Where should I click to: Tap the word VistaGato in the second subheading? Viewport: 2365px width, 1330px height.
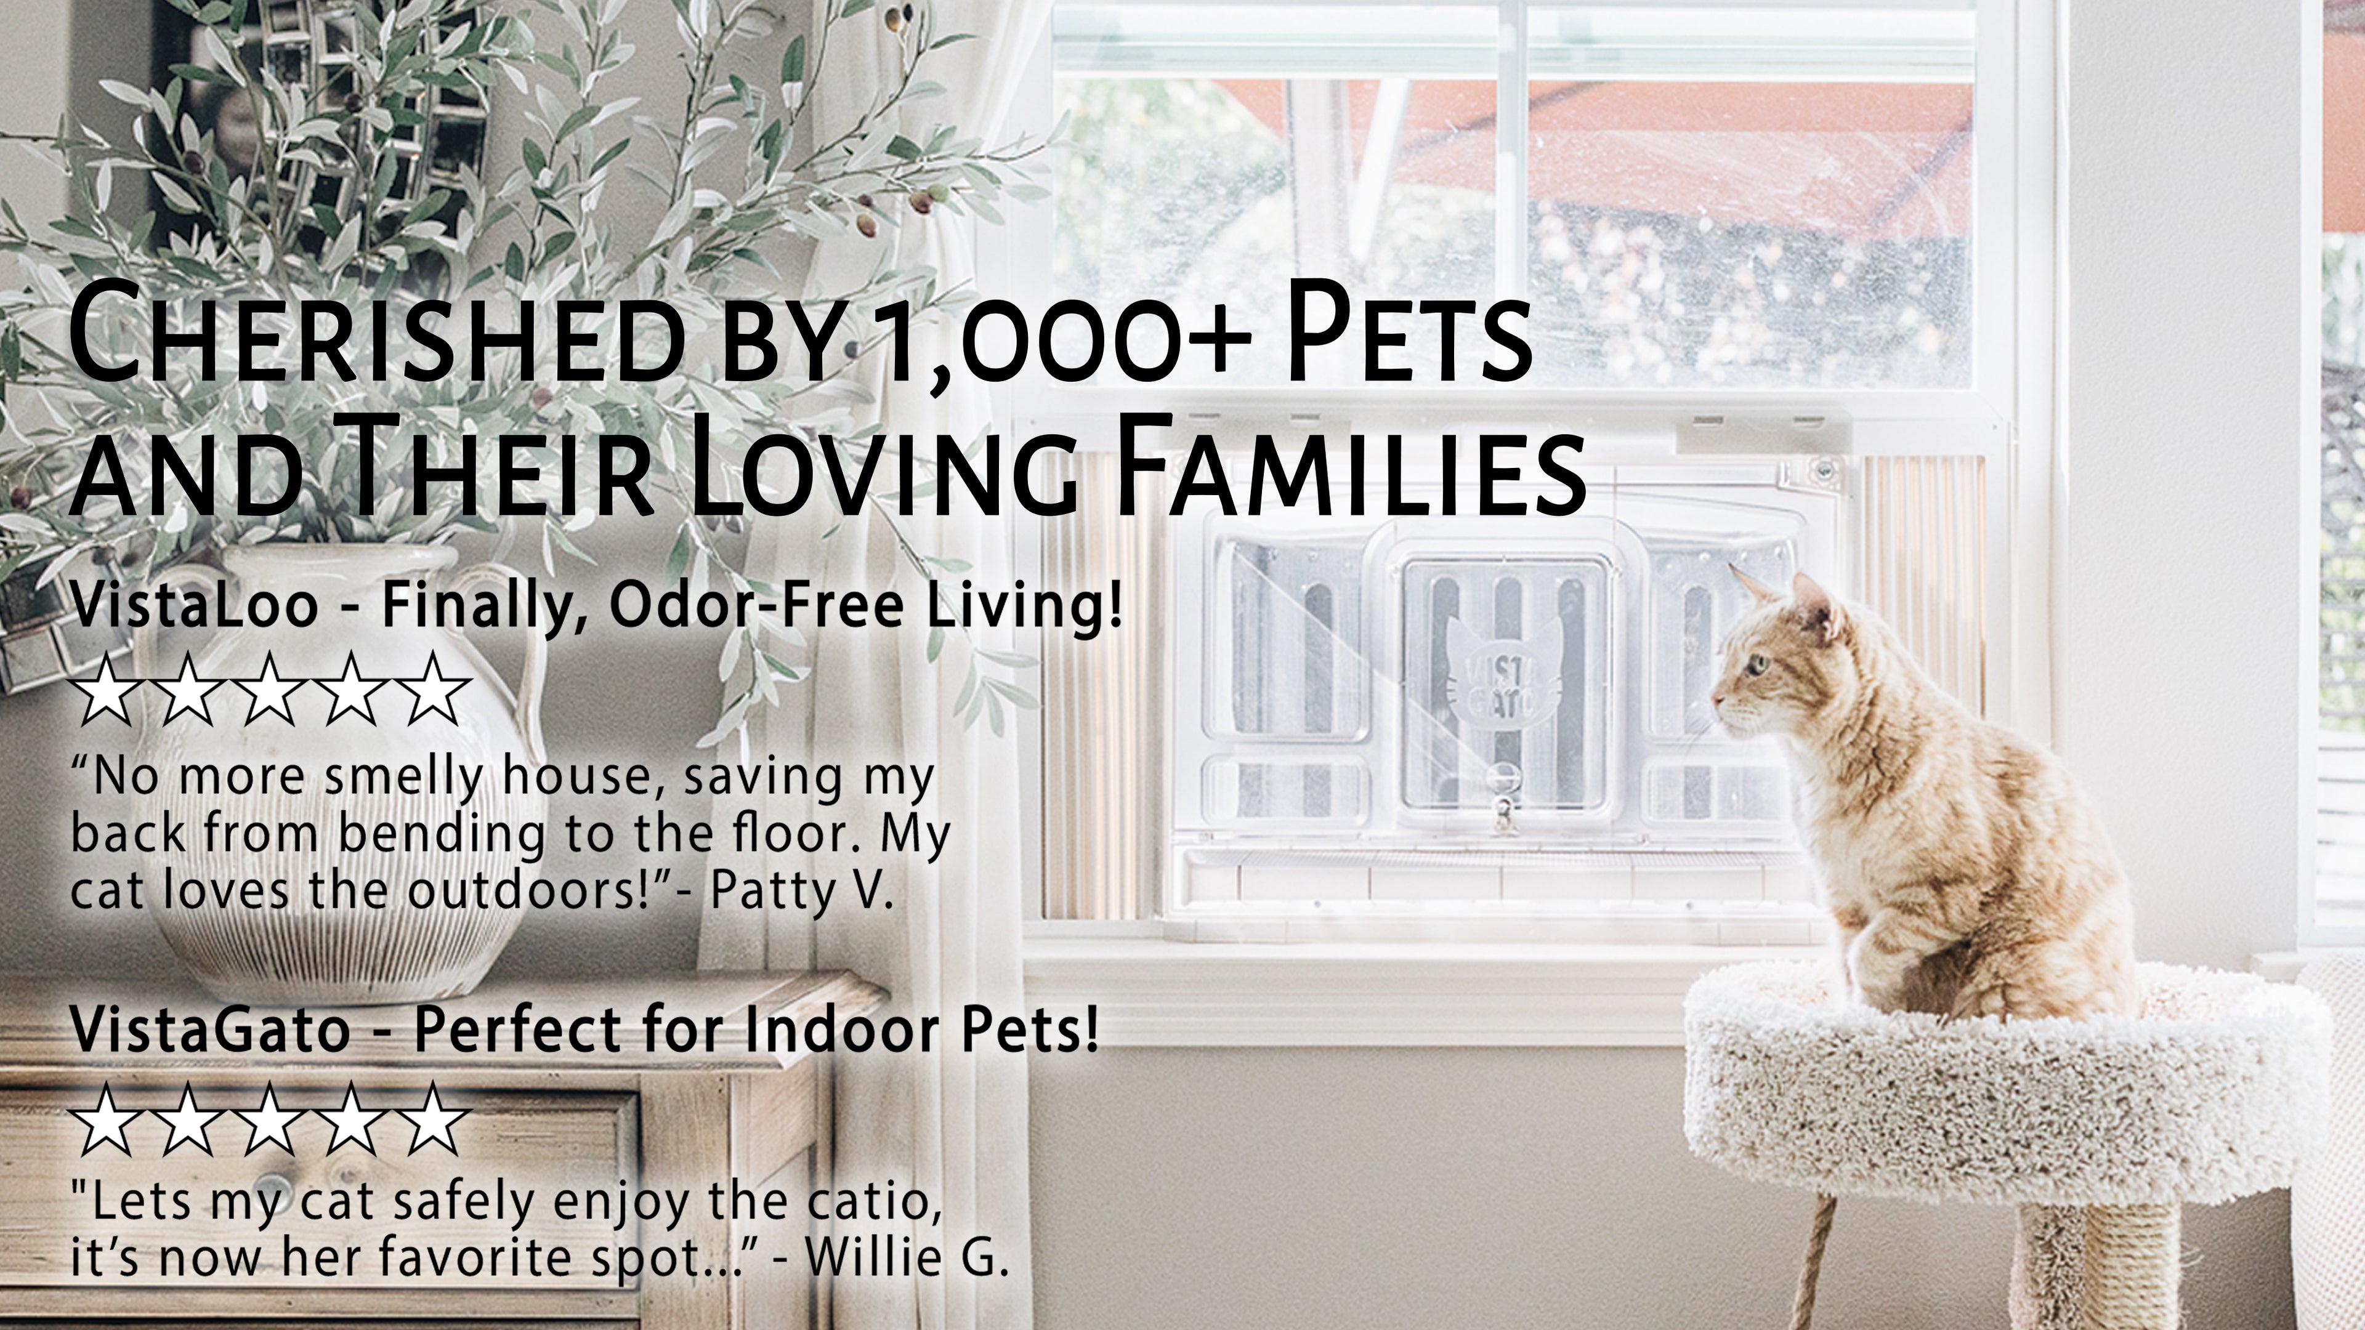pos(210,1030)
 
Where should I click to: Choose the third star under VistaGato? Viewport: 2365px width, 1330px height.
pos(269,1120)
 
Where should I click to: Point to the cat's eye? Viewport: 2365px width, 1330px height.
pos(1757,662)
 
